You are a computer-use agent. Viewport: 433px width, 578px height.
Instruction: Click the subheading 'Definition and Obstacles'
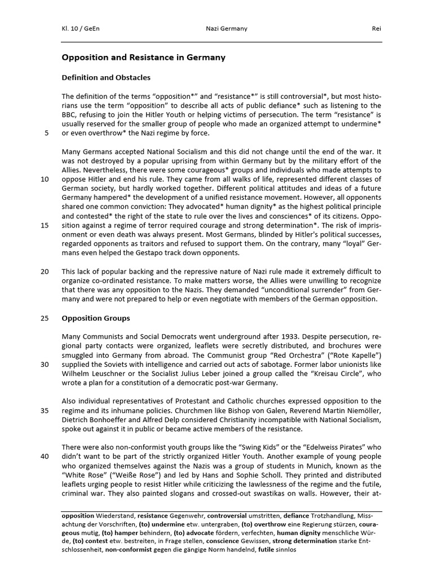click(x=106, y=77)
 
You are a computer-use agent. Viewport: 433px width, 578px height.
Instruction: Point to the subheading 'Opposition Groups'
click(x=95, y=318)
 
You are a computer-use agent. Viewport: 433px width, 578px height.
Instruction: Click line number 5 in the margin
click(x=45, y=133)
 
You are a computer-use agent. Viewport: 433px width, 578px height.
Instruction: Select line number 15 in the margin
click(x=45, y=225)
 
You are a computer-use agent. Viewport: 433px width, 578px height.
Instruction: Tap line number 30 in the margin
click(x=45, y=364)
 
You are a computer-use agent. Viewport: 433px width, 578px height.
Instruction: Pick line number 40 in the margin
click(x=45, y=456)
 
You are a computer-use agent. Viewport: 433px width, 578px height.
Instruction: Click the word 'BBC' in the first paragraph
click(x=70, y=115)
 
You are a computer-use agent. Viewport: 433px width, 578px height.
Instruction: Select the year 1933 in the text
click(x=267, y=336)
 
